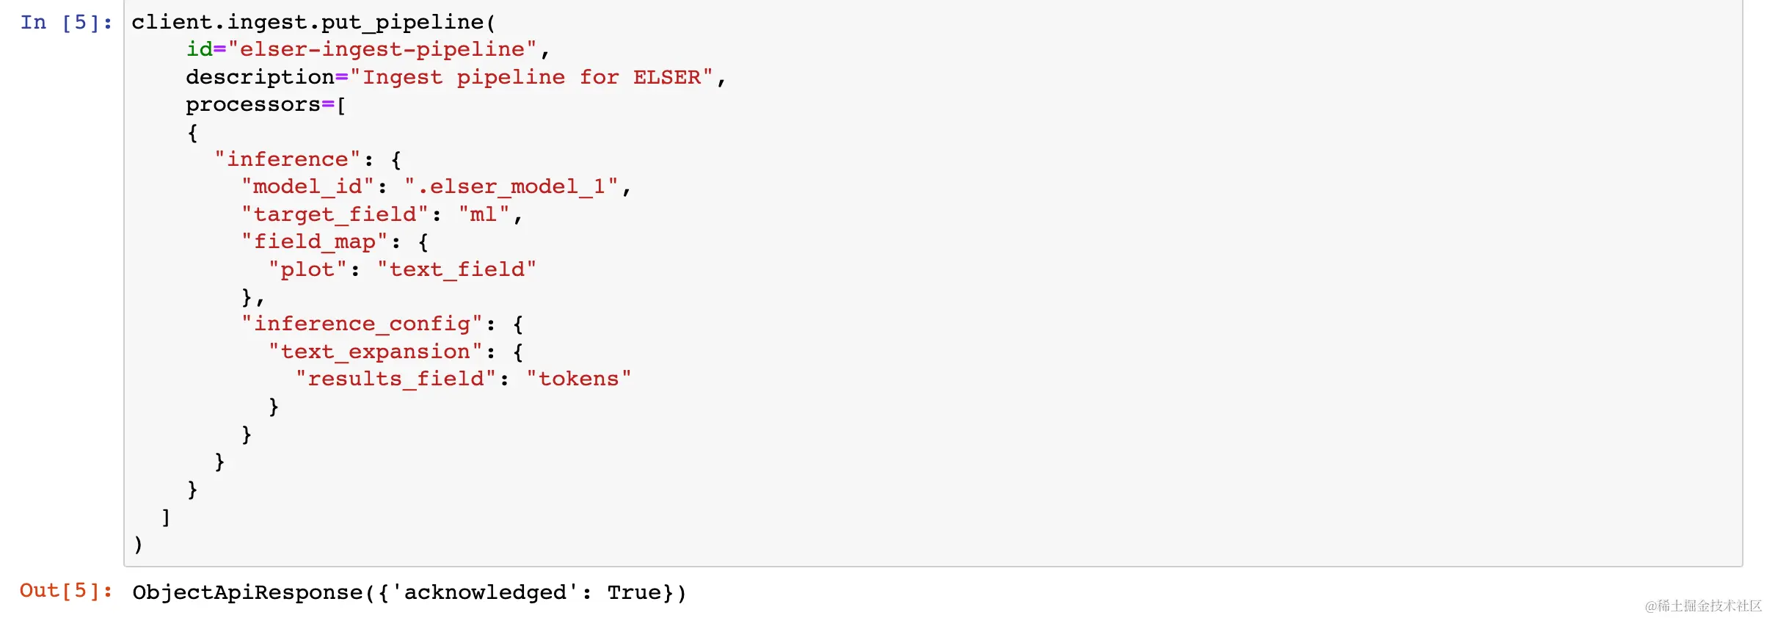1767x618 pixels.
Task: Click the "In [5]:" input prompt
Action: coord(66,23)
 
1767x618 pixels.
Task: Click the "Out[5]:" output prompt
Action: coord(66,591)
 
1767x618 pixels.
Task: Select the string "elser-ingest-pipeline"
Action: coord(382,50)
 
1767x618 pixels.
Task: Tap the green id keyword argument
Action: coord(199,50)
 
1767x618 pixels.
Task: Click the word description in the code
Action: coord(260,77)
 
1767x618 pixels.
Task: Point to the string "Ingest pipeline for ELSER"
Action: coord(531,77)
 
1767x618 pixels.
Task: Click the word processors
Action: coord(252,105)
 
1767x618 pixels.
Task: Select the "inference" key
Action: coord(288,159)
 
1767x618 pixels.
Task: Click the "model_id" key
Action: coord(308,187)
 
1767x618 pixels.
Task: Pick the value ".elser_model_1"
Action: coord(511,187)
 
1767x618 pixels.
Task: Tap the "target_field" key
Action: coord(335,214)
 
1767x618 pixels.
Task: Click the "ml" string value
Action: coord(484,214)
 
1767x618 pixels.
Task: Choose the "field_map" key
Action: coord(314,241)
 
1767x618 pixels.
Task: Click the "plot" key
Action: coord(307,269)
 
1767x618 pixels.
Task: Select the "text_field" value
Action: coord(456,269)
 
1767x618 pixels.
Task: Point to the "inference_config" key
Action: coord(362,324)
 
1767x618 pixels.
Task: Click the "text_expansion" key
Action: coord(375,352)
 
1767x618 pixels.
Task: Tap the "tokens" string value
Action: coord(578,379)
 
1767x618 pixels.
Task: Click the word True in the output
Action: coord(634,592)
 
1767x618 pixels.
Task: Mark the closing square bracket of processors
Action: coord(166,517)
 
